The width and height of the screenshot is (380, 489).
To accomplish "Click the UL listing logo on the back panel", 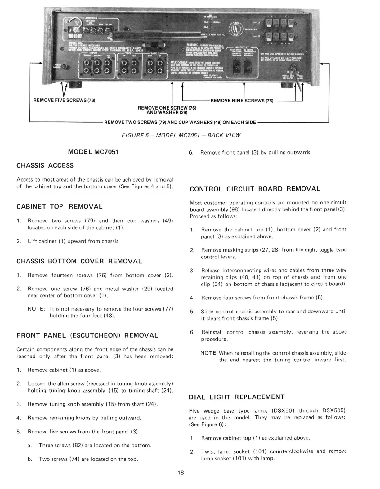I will tap(234, 30).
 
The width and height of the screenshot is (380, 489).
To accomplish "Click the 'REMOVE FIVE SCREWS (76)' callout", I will tap(64, 100).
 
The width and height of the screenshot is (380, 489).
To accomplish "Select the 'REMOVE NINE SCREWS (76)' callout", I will tap(242, 100).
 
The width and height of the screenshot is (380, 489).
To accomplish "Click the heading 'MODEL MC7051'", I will tap(93, 152).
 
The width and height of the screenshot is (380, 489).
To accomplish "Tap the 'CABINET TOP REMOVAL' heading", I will tap(59, 207).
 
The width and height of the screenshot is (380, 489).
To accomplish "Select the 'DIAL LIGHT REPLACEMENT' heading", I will tap(236, 397).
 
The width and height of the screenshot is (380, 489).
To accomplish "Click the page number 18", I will tap(181, 473).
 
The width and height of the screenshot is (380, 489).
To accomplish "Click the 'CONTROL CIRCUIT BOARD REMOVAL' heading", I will tap(255, 189).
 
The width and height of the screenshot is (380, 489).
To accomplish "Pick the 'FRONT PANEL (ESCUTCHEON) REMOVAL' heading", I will tap(87, 335).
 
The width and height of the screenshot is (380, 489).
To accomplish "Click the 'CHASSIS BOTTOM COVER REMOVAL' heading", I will tap(79, 261).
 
